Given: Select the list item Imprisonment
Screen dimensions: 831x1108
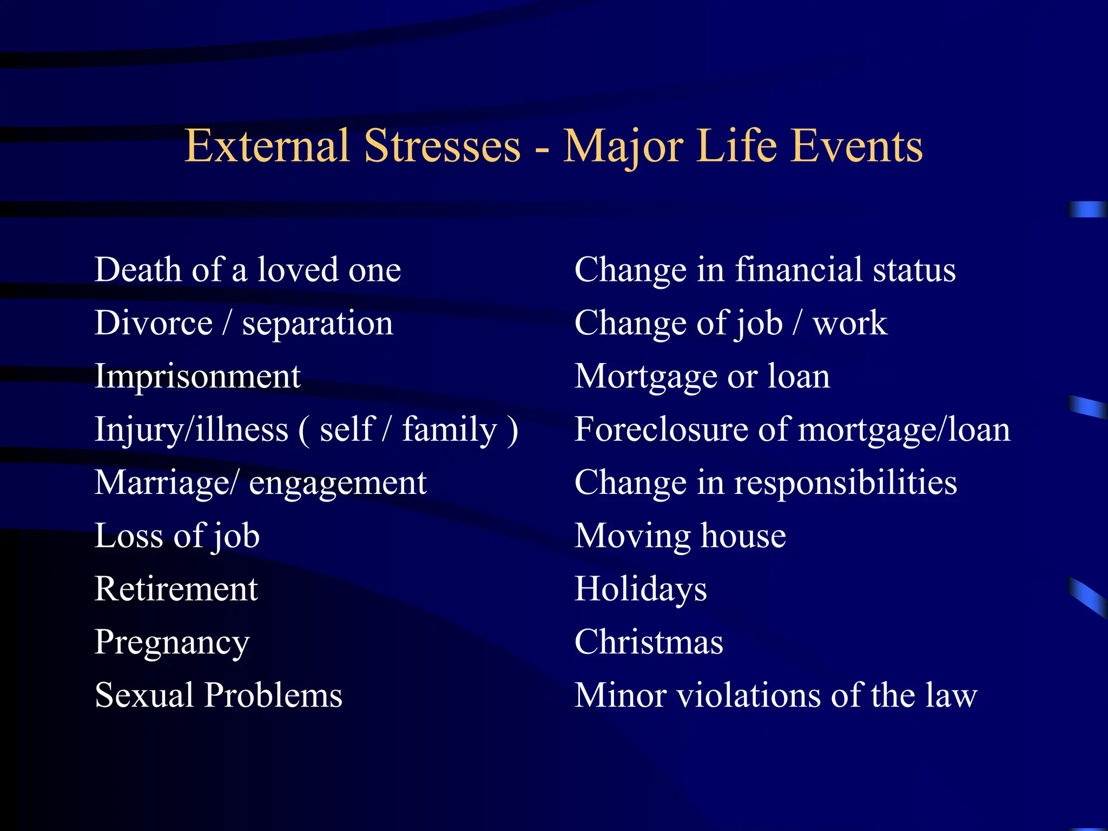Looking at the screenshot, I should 197,377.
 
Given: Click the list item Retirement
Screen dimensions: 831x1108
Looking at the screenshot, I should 176,589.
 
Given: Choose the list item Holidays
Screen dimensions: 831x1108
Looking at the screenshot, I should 641,589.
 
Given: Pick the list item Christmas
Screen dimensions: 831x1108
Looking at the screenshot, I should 649,642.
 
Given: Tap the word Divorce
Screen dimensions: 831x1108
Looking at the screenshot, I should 154,323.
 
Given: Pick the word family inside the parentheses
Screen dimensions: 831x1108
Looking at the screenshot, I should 450,430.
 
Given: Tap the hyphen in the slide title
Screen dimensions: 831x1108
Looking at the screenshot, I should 542,149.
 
